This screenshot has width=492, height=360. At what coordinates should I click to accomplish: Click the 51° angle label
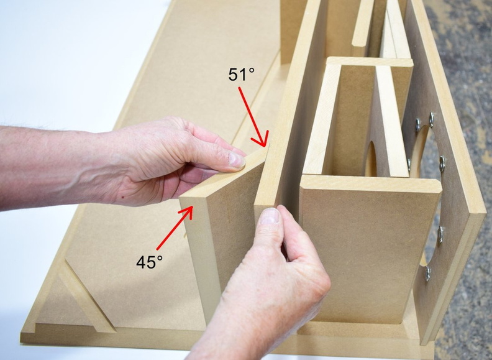241,75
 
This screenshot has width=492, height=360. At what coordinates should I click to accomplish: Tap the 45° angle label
149,262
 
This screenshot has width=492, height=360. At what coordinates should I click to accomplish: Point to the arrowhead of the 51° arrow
262,140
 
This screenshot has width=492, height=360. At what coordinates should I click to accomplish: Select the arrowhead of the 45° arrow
187,211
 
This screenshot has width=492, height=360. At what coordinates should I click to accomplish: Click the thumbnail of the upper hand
236,159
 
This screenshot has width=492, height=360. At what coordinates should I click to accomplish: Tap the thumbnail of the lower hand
270,216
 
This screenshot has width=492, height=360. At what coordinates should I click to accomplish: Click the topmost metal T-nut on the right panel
432,119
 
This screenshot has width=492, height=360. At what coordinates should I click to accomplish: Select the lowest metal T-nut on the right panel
427,274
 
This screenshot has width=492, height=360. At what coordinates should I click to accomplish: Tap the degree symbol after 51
252,70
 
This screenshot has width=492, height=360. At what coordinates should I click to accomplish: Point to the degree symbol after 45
160,257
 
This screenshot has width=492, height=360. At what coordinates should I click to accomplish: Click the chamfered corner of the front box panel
438,185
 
